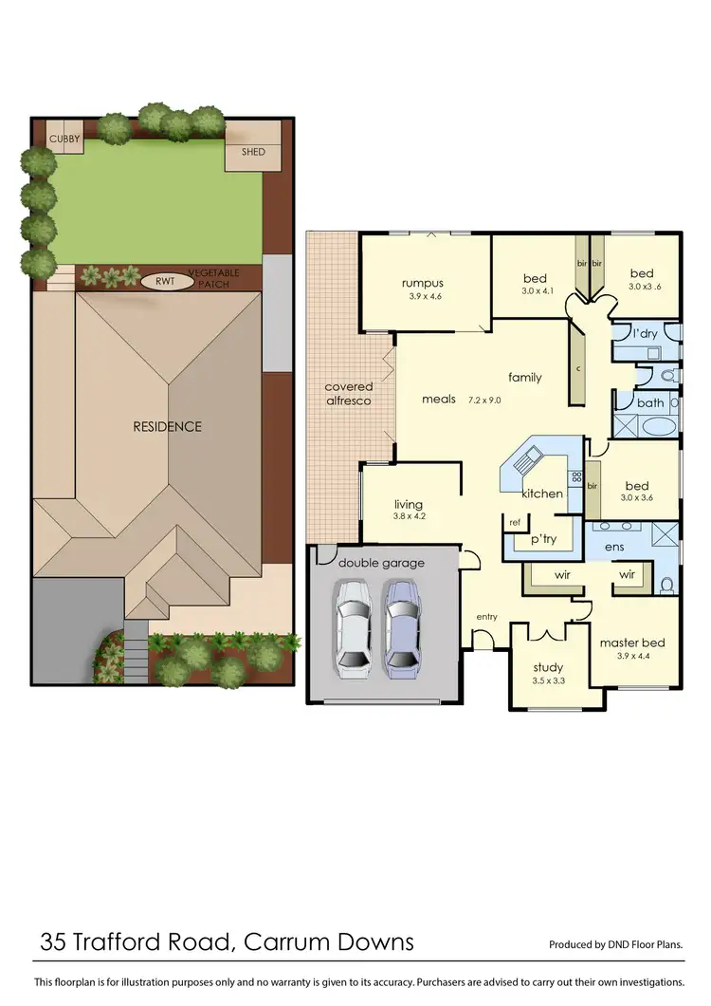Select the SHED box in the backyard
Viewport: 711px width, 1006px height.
click(x=253, y=152)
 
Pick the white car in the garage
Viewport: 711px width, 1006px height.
click(x=354, y=624)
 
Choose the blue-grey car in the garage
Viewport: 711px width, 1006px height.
click(x=400, y=624)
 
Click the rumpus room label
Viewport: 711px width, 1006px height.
click(x=422, y=283)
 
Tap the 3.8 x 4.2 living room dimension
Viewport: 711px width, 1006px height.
click(x=409, y=517)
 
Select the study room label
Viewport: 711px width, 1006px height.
click(x=548, y=667)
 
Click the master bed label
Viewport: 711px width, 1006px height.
click(x=632, y=643)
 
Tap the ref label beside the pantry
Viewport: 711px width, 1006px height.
click(x=516, y=522)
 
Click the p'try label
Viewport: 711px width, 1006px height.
click(x=543, y=538)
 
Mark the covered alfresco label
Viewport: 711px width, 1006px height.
click(x=349, y=394)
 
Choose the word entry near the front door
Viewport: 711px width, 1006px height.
click(x=486, y=617)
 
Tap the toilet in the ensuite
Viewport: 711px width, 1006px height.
click(x=666, y=583)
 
